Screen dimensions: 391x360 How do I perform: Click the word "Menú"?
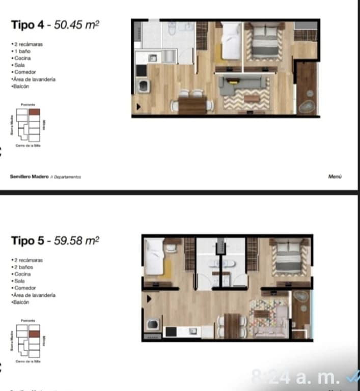coord(335,177)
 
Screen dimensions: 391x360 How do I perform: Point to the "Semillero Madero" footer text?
coord(29,177)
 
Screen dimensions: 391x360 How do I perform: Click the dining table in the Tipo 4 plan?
coord(192,105)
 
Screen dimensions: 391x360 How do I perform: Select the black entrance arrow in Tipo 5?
coord(149,299)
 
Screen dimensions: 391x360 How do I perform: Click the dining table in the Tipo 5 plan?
coord(232,324)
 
